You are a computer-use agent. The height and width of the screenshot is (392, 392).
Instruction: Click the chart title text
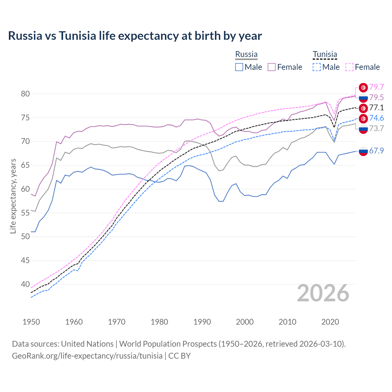135,36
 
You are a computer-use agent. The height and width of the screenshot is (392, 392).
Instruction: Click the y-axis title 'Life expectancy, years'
13,196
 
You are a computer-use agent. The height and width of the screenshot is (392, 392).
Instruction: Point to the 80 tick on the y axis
25,94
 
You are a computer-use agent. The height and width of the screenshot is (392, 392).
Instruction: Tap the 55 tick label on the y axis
25,213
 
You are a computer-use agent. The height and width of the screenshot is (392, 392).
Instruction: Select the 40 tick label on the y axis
25,284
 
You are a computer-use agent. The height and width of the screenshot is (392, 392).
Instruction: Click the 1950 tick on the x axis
31,322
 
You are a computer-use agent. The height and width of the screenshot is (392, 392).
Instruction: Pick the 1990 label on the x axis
202,322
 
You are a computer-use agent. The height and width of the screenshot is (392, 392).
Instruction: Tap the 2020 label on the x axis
330,322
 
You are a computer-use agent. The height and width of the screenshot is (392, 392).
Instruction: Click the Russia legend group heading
246,54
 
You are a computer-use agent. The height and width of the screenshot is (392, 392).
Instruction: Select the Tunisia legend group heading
325,54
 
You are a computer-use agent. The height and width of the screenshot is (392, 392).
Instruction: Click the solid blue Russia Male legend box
239,67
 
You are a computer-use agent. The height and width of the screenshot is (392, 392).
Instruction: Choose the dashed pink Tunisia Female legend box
349,67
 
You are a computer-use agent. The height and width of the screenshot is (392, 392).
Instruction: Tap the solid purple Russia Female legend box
272,67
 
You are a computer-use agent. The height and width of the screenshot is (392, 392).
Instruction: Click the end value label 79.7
376,87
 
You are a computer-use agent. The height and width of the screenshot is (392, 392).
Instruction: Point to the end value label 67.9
376,151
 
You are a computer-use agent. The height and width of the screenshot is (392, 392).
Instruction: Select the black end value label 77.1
376,108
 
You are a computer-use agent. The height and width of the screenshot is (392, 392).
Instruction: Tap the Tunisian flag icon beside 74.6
363,119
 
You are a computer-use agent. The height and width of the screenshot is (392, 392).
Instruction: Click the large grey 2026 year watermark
323,293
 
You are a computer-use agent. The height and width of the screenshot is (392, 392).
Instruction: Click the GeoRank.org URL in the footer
87,356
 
